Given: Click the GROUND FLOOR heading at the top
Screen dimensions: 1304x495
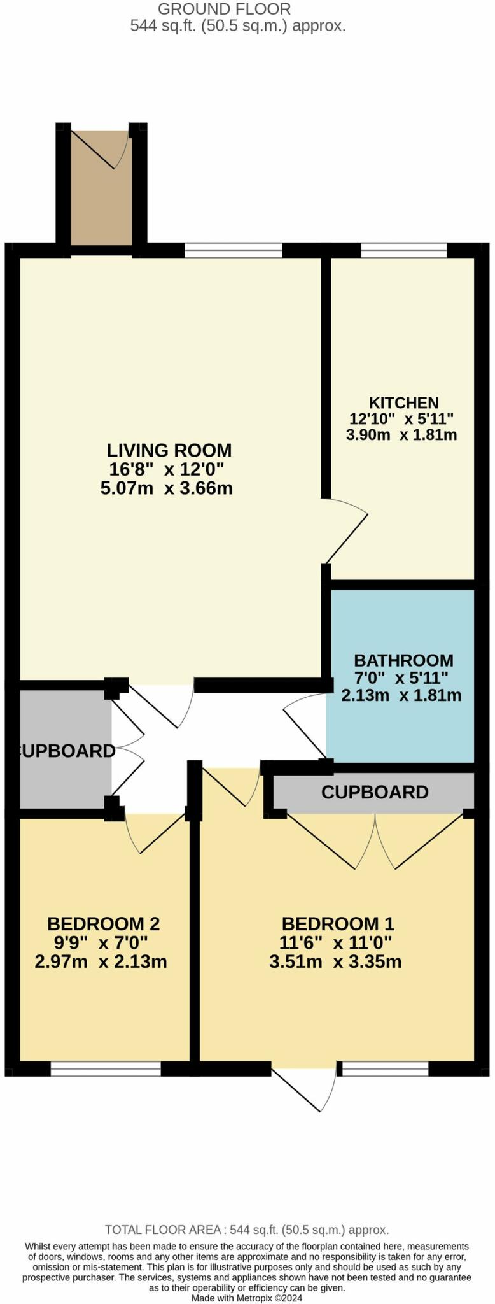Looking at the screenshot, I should point(224,10).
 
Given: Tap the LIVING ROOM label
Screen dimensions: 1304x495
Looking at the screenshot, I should point(169,450).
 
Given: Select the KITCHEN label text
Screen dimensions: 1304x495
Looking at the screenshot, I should point(403,402).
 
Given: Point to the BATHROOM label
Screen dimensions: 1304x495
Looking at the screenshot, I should point(403,660).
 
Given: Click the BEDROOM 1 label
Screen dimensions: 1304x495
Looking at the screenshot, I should point(337,923).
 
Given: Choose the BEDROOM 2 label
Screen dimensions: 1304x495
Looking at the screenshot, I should point(103,923).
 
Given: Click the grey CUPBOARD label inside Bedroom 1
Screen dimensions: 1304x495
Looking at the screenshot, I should point(374,792).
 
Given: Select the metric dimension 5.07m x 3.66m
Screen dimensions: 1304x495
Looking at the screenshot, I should point(166,488).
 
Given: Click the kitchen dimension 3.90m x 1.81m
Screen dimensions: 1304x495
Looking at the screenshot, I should point(401,435).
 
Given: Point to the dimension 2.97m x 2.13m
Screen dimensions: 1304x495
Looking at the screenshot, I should point(101,961).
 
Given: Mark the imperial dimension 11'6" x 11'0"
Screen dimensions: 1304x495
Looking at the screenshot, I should point(335,942).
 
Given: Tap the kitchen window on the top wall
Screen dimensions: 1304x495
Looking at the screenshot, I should point(403,251).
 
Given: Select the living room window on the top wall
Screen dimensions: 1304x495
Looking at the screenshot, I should point(233,251).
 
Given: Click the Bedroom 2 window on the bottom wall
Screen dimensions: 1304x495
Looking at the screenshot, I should point(106,1069).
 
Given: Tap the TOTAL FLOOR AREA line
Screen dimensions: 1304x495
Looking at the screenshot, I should point(247,1230).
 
